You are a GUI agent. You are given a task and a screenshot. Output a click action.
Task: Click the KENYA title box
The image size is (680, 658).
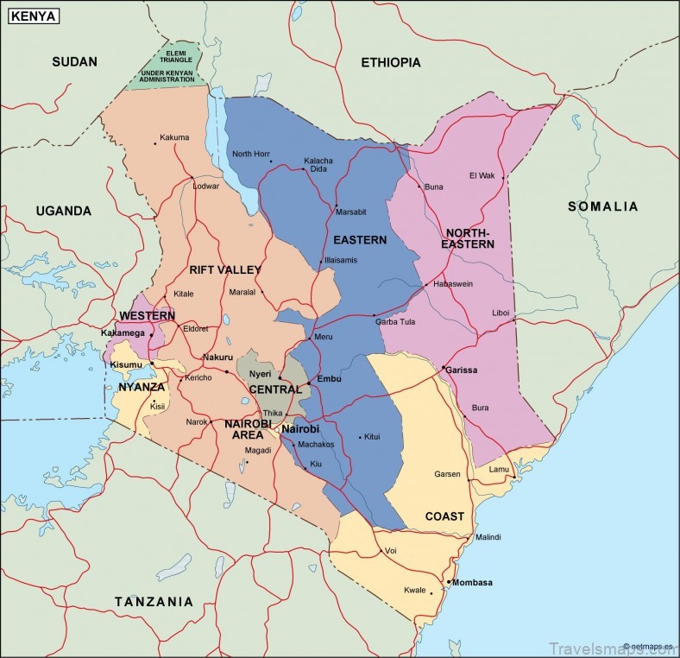(35, 16)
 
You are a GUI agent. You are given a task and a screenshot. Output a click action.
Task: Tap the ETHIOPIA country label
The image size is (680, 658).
(391, 62)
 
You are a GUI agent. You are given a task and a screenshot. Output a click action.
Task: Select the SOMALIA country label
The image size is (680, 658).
(602, 206)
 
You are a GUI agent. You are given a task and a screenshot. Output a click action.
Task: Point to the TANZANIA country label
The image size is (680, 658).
(154, 601)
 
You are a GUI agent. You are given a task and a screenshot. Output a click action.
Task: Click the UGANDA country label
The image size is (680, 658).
(63, 211)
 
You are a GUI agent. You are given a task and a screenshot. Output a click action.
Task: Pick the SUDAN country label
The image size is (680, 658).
(74, 61)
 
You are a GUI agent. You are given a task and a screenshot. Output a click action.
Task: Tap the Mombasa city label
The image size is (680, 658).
(473, 582)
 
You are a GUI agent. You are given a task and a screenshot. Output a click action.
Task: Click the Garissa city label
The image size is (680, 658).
(462, 370)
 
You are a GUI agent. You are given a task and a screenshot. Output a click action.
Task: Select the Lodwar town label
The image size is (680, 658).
(206, 186)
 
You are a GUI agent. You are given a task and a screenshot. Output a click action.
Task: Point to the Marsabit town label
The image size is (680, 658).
(351, 212)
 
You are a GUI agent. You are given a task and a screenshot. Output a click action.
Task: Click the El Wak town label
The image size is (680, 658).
(482, 175)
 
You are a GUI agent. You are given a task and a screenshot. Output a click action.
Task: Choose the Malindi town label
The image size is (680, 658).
(488, 537)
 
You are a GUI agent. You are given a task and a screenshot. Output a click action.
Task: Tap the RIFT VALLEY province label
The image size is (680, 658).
(225, 270)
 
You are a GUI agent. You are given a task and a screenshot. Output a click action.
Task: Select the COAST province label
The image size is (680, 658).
(444, 516)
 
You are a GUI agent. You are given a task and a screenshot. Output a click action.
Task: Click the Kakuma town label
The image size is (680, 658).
(174, 137)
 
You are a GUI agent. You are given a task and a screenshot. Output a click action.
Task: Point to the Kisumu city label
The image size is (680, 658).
(126, 365)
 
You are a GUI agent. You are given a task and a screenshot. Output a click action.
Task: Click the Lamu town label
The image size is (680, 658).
(500, 469)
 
